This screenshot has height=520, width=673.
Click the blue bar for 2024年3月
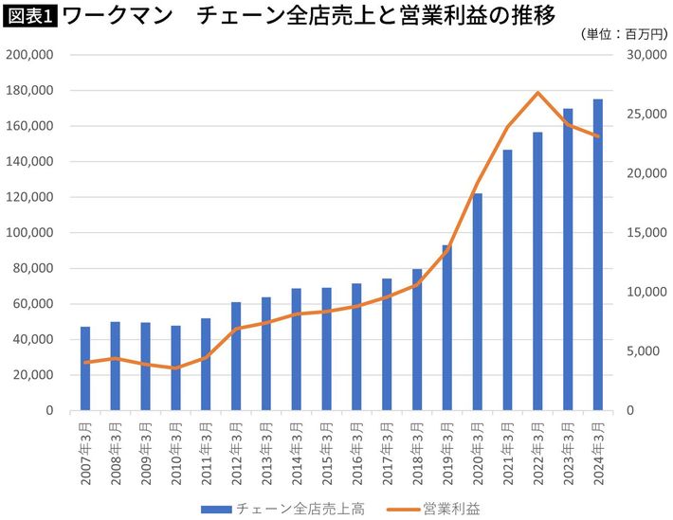[x=598, y=256]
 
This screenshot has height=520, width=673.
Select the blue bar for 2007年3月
[x=85, y=369]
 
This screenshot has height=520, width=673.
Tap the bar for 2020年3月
[x=478, y=303]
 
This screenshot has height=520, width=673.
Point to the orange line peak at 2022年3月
[x=537, y=93]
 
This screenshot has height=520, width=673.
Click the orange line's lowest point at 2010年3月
[x=175, y=368]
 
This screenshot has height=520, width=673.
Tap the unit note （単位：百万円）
[x=621, y=34]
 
